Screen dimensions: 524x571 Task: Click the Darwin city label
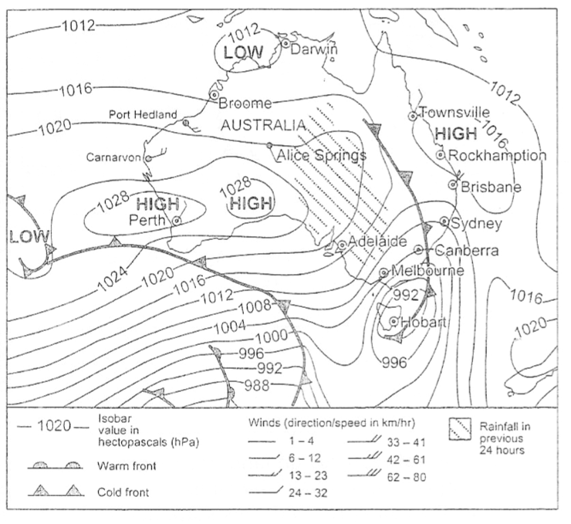[x=316, y=49]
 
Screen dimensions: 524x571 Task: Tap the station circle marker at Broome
[x=213, y=93]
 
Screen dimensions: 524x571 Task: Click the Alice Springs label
[x=320, y=155]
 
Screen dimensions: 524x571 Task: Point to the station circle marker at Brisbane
[x=454, y=184]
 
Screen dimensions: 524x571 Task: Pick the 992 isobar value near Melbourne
[x=405, y=294]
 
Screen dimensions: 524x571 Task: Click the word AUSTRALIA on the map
[x=262, y=125]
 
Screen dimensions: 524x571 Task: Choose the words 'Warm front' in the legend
[x=123, y=466]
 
